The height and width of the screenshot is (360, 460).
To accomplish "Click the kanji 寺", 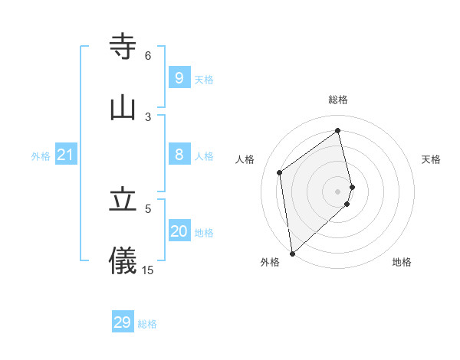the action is (x=123, y=47).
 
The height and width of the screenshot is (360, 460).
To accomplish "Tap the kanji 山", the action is (x=123, y=108).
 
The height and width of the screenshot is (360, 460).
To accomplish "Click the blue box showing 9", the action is (x=179, y=78).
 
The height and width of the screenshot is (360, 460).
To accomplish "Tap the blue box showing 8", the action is (x=179, y=155).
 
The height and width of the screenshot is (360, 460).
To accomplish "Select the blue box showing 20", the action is (x=179, y=231).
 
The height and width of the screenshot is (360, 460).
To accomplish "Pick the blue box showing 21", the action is (x=65, y=155).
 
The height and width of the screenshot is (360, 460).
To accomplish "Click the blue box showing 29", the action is (x=122, y=322).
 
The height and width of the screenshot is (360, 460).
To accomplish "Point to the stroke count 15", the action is (x=148, y=270).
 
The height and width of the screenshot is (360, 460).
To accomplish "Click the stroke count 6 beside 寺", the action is (x=148, y=56).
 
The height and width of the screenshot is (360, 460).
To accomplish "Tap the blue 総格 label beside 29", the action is (x=147, y=324).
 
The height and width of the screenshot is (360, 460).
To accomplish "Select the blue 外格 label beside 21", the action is (x=41, y=156).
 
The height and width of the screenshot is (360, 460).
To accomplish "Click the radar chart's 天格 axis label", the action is (x=432, y=159).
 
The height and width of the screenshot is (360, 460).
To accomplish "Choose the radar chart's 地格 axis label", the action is (x=402, y=262).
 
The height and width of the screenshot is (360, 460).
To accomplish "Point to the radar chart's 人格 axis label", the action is (x=245, y=159).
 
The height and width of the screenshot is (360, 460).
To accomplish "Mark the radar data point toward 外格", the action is (x=291, y=253).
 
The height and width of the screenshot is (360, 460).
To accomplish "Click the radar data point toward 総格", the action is (x=338, y=131).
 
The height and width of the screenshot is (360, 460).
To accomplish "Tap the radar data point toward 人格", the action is (x=280, y=172).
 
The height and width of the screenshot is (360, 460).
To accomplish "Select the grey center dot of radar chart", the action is (x=338, y=191).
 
